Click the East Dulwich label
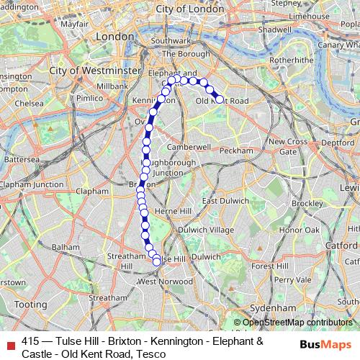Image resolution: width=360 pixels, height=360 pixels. click(222, 200)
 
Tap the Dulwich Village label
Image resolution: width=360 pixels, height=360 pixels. click(206, 229)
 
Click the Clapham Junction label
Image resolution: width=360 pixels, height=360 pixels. click(32, 184)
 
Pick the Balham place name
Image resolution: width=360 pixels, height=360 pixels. click(66, 246)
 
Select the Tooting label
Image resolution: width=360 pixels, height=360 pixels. click(30, 305)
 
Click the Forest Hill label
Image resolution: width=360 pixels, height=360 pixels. click(270, 266)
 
